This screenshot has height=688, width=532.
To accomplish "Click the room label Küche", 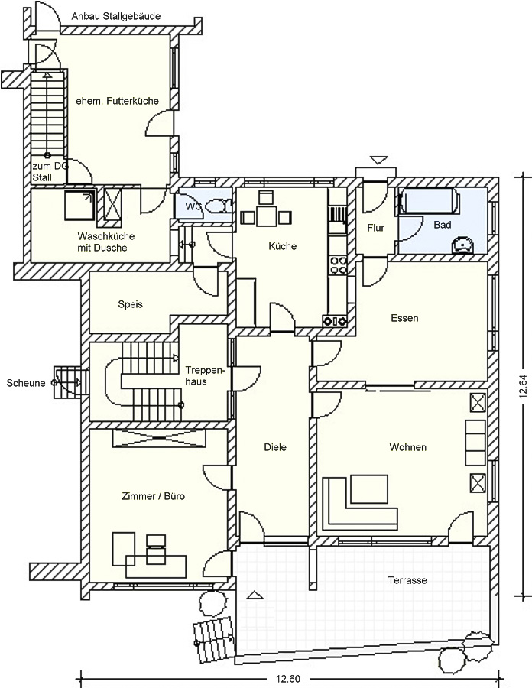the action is click(283, 246).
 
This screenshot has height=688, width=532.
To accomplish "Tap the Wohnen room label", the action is click(408, 447).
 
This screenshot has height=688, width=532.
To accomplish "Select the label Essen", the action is click(404, 318).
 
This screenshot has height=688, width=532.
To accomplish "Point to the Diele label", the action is click(275, 447).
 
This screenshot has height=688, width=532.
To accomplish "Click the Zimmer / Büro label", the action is click(153, 496).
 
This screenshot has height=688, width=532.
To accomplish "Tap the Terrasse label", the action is click(407, 580).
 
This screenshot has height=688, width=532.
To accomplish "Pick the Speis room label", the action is click(130, 304).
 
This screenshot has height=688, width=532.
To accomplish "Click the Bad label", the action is click(442, 225).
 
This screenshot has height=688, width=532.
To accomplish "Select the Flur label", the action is click(376, 228).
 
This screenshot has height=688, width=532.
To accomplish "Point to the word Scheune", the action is click(26, 383).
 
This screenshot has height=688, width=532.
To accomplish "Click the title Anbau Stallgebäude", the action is click(116, 16).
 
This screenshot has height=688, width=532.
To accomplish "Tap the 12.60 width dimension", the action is click(288, 679).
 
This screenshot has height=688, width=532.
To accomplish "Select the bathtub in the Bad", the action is click(429, 202).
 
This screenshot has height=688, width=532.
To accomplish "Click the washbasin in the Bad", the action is click(462, 245).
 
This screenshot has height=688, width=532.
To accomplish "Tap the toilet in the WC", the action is click(219, 206).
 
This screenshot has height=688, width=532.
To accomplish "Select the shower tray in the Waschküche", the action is click(79, 205).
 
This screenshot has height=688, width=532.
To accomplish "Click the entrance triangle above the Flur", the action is click(379, 160).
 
